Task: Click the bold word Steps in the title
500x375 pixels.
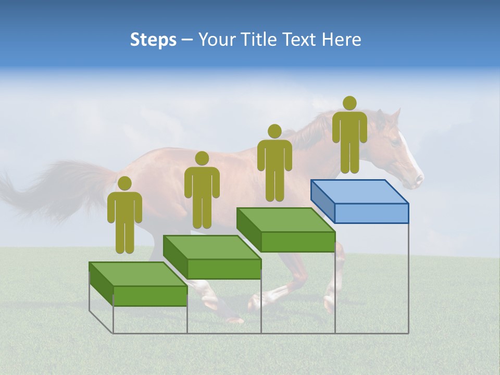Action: (153, 40)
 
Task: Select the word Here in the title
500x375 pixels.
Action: (341, 40)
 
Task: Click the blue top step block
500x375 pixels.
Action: (359, 201)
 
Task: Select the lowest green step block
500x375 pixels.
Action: (138, 284)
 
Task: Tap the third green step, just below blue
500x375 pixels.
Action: (285, 229)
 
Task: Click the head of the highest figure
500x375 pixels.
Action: (349, 103)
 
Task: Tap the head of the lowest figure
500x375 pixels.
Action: (124, 183)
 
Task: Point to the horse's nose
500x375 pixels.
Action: (418, 180)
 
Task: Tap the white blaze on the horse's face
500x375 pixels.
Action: (409, 151)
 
